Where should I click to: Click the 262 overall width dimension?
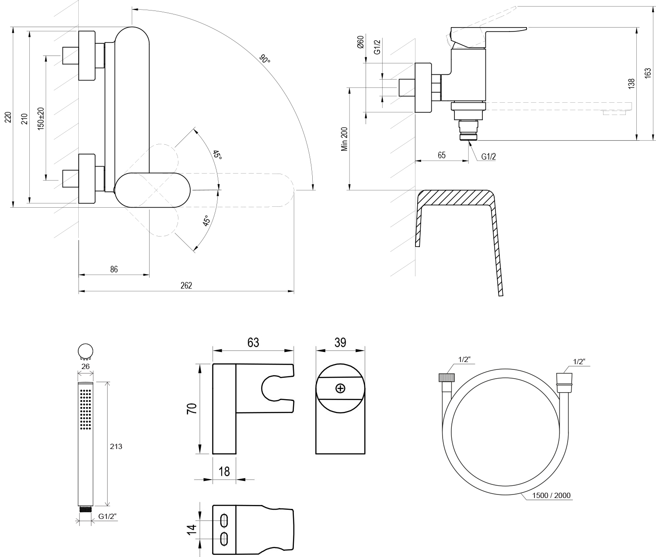[186, 285]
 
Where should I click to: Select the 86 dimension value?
[114, 270]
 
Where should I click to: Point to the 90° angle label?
[265, 59]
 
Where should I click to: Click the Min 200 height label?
[345, 139]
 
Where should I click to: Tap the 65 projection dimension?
[441, 155]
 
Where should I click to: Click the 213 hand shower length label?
[116, 446]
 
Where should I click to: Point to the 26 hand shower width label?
[85, 366]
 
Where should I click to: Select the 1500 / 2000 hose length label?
[551, 495]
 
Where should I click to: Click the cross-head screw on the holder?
[340, 388]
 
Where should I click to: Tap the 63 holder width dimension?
[253, 343]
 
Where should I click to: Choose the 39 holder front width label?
[340, 343]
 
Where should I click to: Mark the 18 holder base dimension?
[224, 471]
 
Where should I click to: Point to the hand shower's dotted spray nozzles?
[86, 410]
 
